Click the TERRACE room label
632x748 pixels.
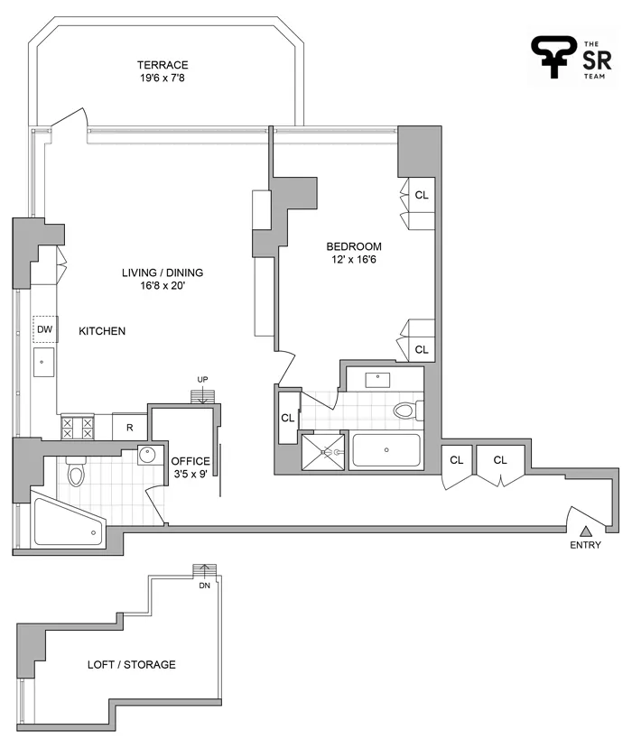[x=163, y=65]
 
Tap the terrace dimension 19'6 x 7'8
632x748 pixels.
[x=163, y=78]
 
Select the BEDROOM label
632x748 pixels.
[x=354, y=246]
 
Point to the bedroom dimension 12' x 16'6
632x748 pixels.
[x=354, y=261]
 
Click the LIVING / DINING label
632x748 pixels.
[x=163, y=273]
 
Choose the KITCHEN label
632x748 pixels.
[x=102, y=332]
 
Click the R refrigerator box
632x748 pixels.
[x=129, y=428]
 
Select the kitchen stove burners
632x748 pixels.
[x=77, y=428]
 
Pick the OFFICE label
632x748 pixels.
[x=191, y=462]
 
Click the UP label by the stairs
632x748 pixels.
[x=204, y=380]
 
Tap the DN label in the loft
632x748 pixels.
[x=204, y=584]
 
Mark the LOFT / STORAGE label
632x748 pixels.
[x=131, y=665]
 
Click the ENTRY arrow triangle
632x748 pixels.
[x=585, y=531]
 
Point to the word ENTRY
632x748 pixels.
[x=585, y=545]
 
